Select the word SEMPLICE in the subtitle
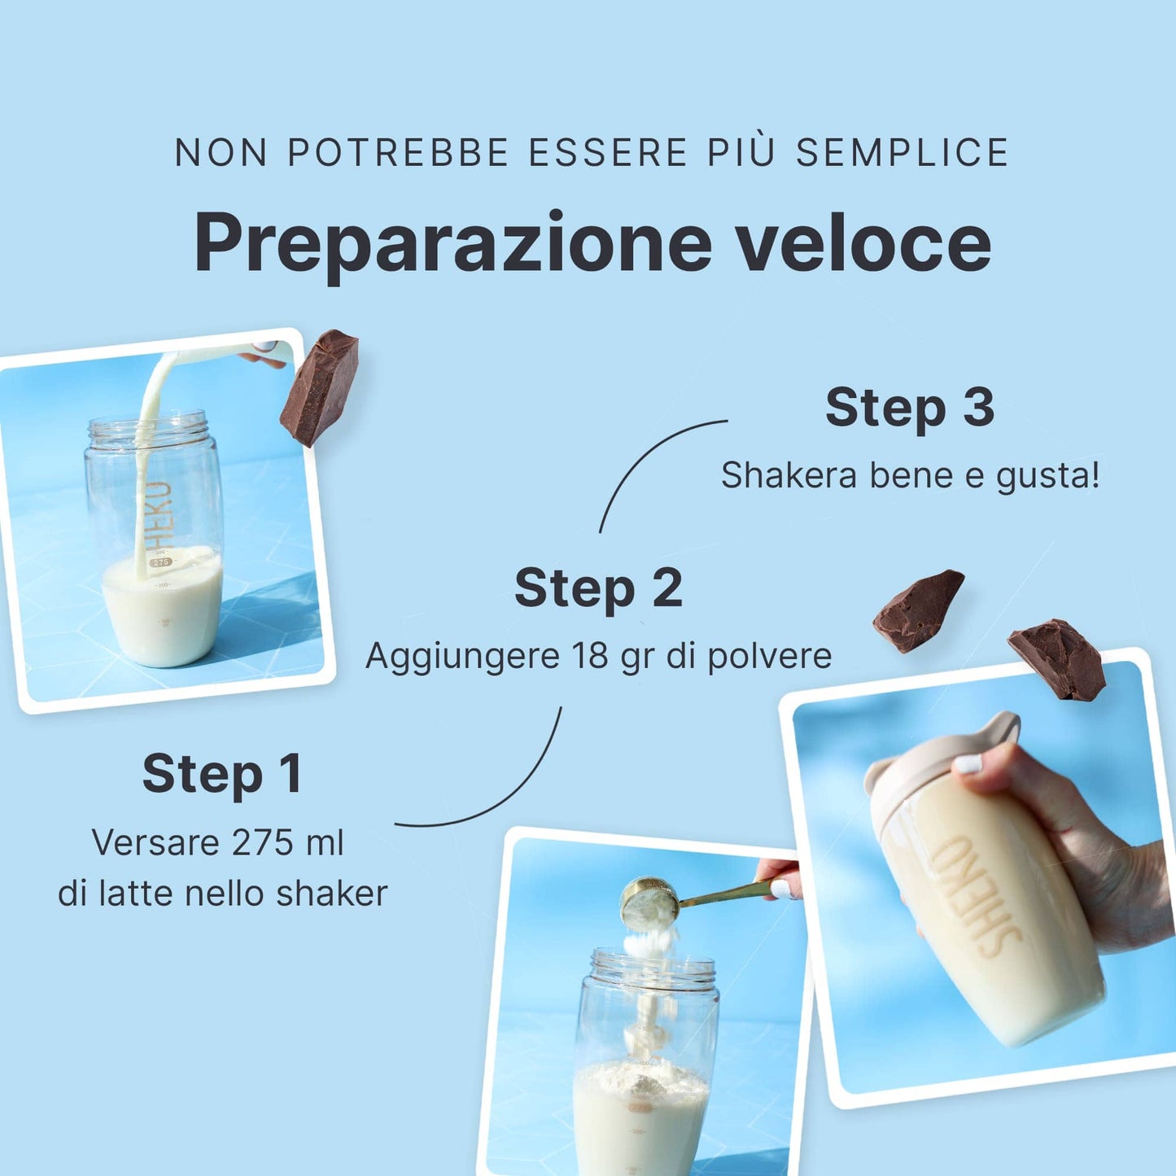point(902,152)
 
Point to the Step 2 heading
point(598,588)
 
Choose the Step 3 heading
point(910,408)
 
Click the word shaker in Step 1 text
point(331,894)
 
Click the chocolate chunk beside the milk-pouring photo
point(319,387)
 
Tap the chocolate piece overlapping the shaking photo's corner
point(1056,659)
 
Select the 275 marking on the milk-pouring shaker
point(161,562)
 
